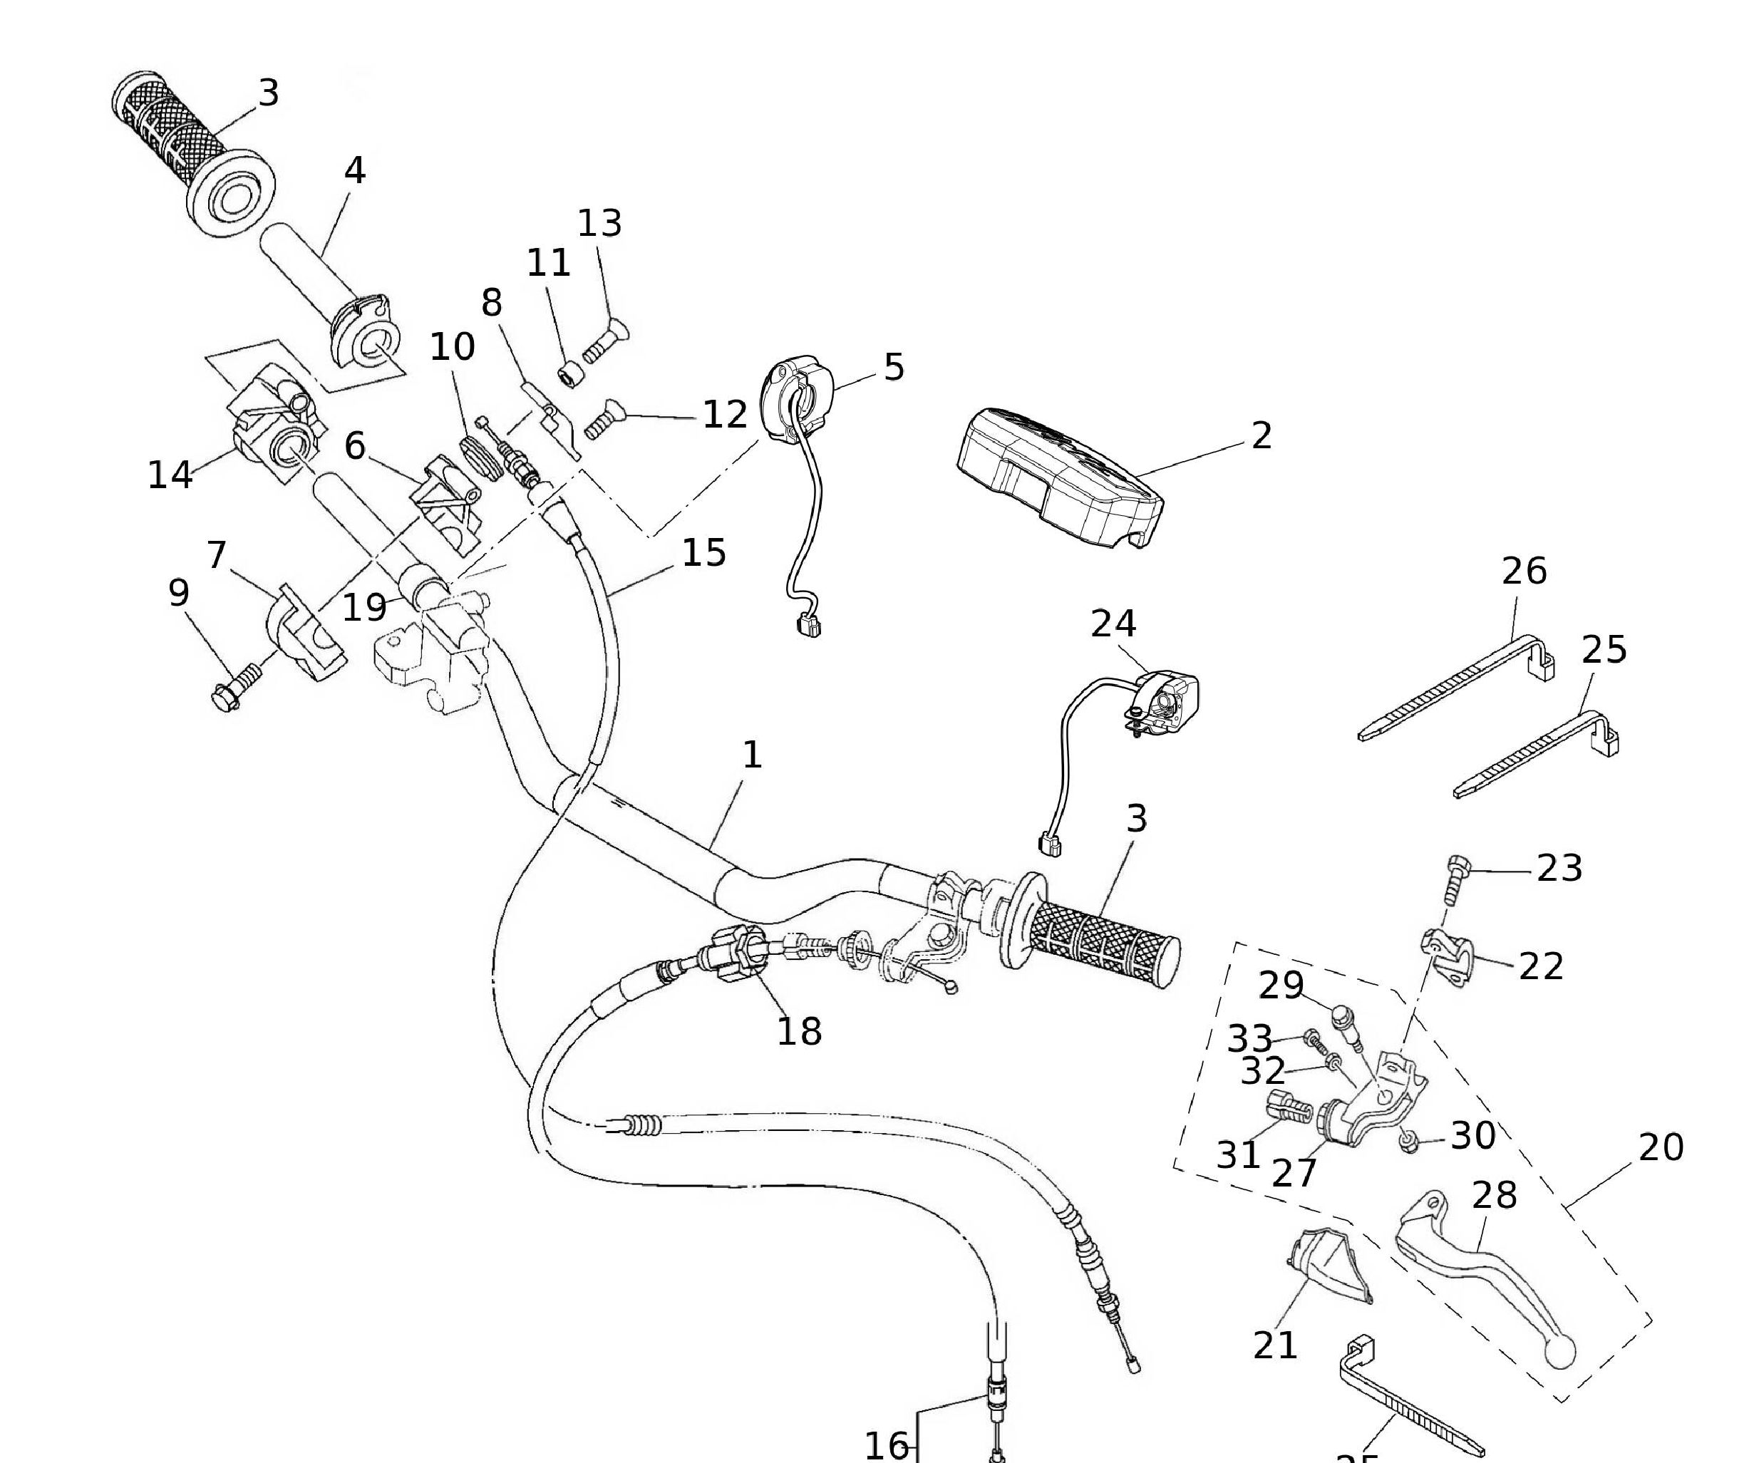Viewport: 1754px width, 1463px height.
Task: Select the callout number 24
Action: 1113,624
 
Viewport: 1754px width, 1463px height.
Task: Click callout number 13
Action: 599,223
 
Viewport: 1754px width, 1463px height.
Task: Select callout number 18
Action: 800,1031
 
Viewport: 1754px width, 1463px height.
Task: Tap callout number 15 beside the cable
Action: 703,553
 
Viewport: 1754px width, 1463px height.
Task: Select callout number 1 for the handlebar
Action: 752,755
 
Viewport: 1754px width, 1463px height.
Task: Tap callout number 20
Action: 1661,1147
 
